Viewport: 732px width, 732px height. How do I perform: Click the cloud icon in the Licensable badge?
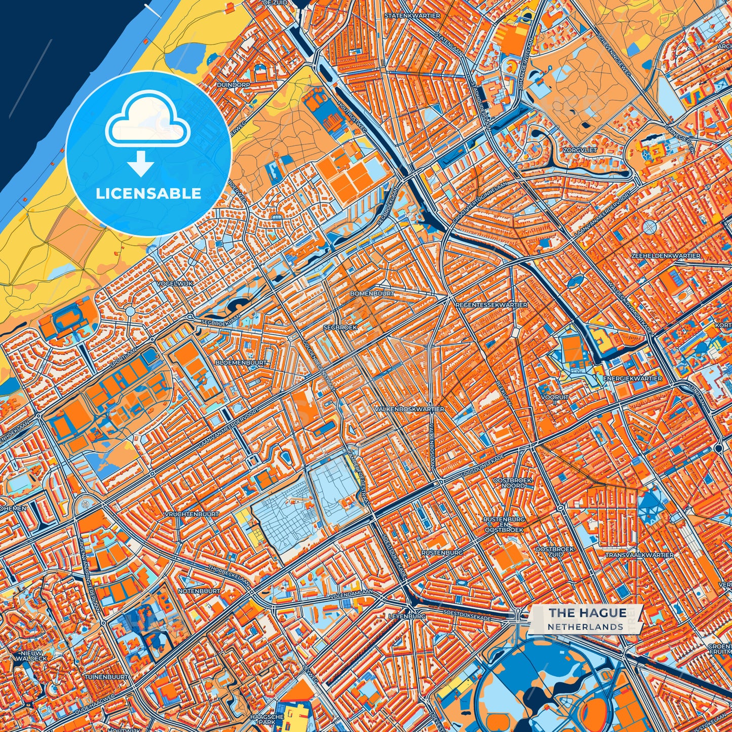pos(147,120)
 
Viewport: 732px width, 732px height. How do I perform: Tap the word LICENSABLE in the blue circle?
pos(148,194)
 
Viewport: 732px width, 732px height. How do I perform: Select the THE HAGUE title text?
pos(587,613)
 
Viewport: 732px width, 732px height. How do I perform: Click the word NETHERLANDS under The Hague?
pos(585,627)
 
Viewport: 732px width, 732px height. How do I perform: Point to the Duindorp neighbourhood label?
pos(233,85)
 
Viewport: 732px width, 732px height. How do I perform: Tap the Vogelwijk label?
pos(175,283)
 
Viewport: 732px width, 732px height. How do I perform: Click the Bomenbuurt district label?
pos(372,293)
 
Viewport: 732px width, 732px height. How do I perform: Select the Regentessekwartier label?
pos(491,305)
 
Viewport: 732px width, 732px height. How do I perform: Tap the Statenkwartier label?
pos(412,16)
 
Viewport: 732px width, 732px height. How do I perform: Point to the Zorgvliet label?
pos(577,150)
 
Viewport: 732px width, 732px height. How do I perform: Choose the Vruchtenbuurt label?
pos(192,514)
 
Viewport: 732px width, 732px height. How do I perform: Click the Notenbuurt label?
pos(199,591)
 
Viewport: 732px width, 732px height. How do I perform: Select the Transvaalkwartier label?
pos(640,555)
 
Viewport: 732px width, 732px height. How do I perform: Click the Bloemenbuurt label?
pos(241,363)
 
